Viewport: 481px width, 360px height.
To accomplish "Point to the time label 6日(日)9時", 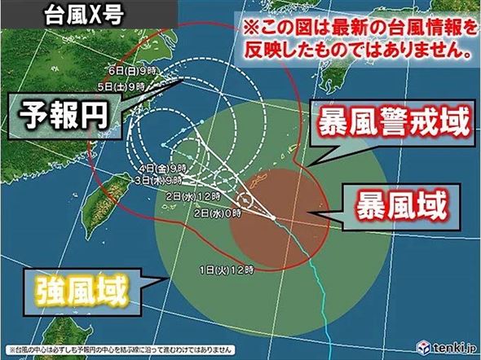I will pos(121,71).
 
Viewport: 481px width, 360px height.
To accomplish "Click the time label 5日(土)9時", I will pos(121,84).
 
